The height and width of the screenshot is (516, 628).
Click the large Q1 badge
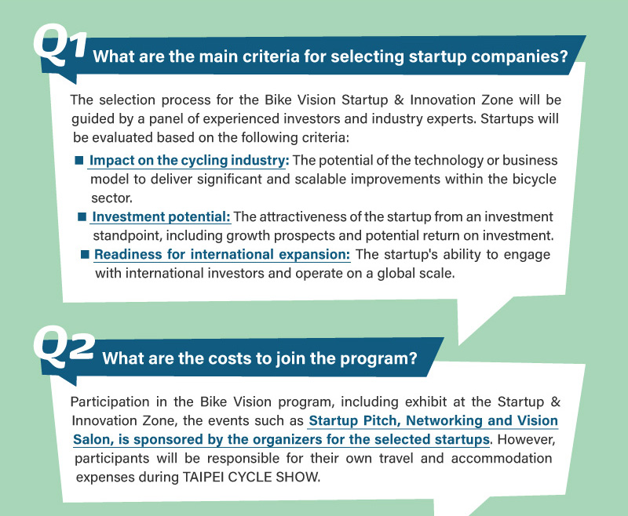(x=60, y=45)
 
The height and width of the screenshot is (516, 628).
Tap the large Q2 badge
(x=64, y=347)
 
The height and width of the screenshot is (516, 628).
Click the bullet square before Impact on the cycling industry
(x=79, y=161)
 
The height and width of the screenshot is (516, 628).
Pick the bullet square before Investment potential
(x=82, y=216)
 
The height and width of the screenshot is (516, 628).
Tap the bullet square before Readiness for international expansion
(x=85, y=254)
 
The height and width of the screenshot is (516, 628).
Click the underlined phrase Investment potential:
(x=162, y=216)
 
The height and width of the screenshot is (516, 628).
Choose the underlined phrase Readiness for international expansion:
(x=222, y=254)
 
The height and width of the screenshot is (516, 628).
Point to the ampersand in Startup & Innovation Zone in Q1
(x=399, y=100)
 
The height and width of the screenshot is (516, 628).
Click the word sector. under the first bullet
(x=111, y=198)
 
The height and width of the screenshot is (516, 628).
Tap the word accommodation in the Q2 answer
(x=502, y=459)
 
